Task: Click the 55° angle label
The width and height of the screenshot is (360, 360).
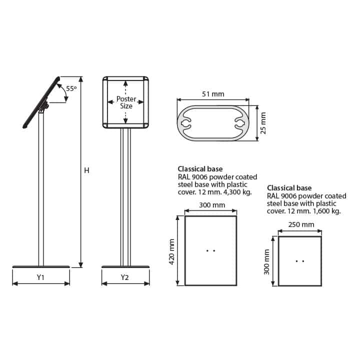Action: click(71, 88)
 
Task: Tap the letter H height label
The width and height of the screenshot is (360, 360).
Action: click(86, 170)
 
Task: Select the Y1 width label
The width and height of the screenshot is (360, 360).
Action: click(40, 277)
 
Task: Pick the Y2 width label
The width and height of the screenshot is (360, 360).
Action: click(124, 277)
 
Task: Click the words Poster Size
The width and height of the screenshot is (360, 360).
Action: click(126, 102)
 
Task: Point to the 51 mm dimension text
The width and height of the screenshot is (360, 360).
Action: click(213, 94)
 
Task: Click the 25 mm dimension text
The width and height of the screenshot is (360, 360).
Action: click(263, 123)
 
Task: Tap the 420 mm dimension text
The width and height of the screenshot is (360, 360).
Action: click(171, 252)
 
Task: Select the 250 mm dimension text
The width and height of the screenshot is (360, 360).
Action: click(301, 224)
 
